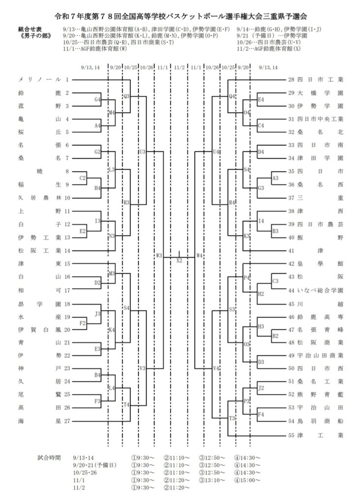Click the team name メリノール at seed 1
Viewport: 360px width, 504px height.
click(39, 80)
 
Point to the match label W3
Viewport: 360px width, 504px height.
click(158, 255)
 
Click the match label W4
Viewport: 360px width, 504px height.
click(199, 255)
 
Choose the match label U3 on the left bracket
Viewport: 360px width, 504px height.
click(143, 152)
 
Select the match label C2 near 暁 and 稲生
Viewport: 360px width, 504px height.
click(83, 178)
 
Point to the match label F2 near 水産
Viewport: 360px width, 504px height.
click(83, 323)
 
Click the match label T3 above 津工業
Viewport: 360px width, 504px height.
click(232, 418)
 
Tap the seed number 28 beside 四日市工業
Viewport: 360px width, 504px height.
click(291, 80)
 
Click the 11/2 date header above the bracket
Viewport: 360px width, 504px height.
click(179, 67)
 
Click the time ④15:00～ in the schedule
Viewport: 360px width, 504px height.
click(247, 480)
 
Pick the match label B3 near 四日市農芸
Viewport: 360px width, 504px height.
click(275, 230)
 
